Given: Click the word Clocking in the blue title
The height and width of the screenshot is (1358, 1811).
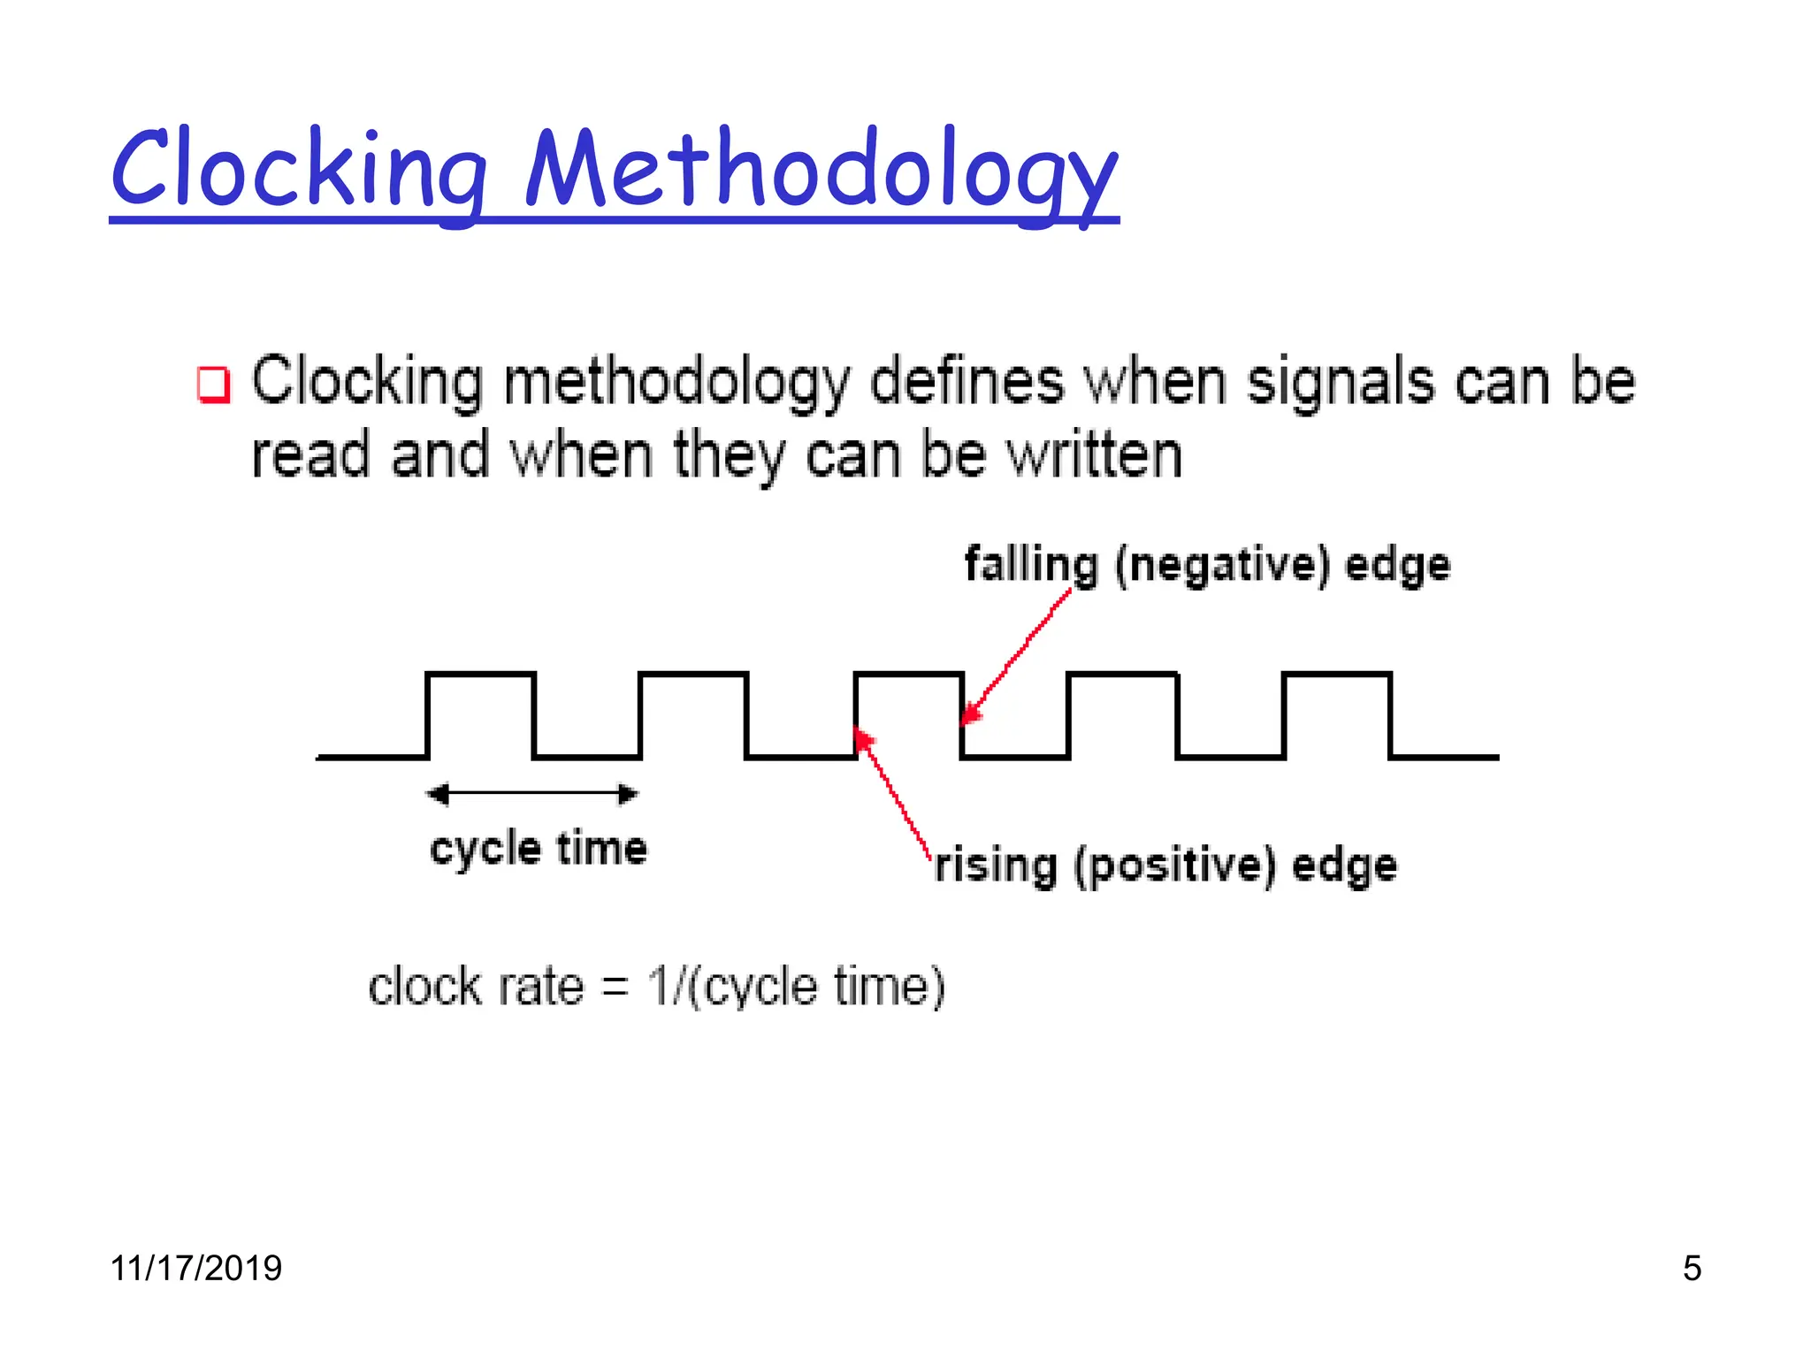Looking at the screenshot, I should click(x=299, y=168).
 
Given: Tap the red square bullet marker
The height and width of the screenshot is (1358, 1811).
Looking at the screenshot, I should click(x=213, y=385).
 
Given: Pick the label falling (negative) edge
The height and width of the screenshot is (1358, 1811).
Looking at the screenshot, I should click(x=1207, y=565).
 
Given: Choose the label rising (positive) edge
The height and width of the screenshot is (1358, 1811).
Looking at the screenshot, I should click(x=1165, y=865).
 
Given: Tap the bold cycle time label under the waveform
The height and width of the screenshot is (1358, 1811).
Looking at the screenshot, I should click(x=538, y=849).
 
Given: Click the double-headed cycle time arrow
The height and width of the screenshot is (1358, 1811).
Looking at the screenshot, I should click(x=532, y=794).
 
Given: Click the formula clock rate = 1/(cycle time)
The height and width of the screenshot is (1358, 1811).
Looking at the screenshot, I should click(x=656, y=987).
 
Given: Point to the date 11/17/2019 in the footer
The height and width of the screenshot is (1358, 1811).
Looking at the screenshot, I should click(x=195, y=1268).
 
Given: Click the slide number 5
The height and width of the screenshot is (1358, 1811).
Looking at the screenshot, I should click(x=1692, y=1268).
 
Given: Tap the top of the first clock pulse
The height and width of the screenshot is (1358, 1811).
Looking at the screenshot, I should click(x=481, y=675).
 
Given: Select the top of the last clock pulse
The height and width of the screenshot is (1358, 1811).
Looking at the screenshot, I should click(x=1337, y=675).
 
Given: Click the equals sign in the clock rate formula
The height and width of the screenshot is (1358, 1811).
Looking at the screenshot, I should click(x=615, y=988).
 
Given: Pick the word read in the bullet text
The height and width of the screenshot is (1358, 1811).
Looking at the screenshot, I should click(x=309, y=455).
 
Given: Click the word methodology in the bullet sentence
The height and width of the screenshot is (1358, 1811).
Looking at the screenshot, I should click(x=676, y=382).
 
